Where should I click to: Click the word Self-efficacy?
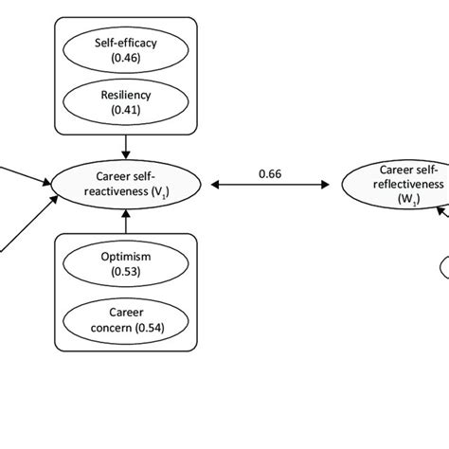point(127,43)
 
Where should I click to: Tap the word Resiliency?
point(127,96)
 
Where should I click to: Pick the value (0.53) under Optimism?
point(127,272)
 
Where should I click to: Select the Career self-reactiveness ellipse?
point(127,183)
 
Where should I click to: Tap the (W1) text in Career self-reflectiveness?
point(400,200)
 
